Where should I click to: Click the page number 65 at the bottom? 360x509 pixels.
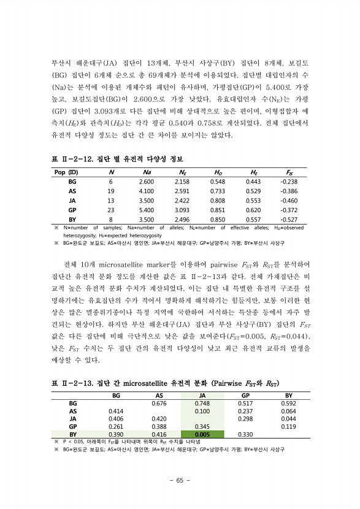click(x=180, y=480)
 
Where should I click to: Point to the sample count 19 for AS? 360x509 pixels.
click(x=111, y=191)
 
